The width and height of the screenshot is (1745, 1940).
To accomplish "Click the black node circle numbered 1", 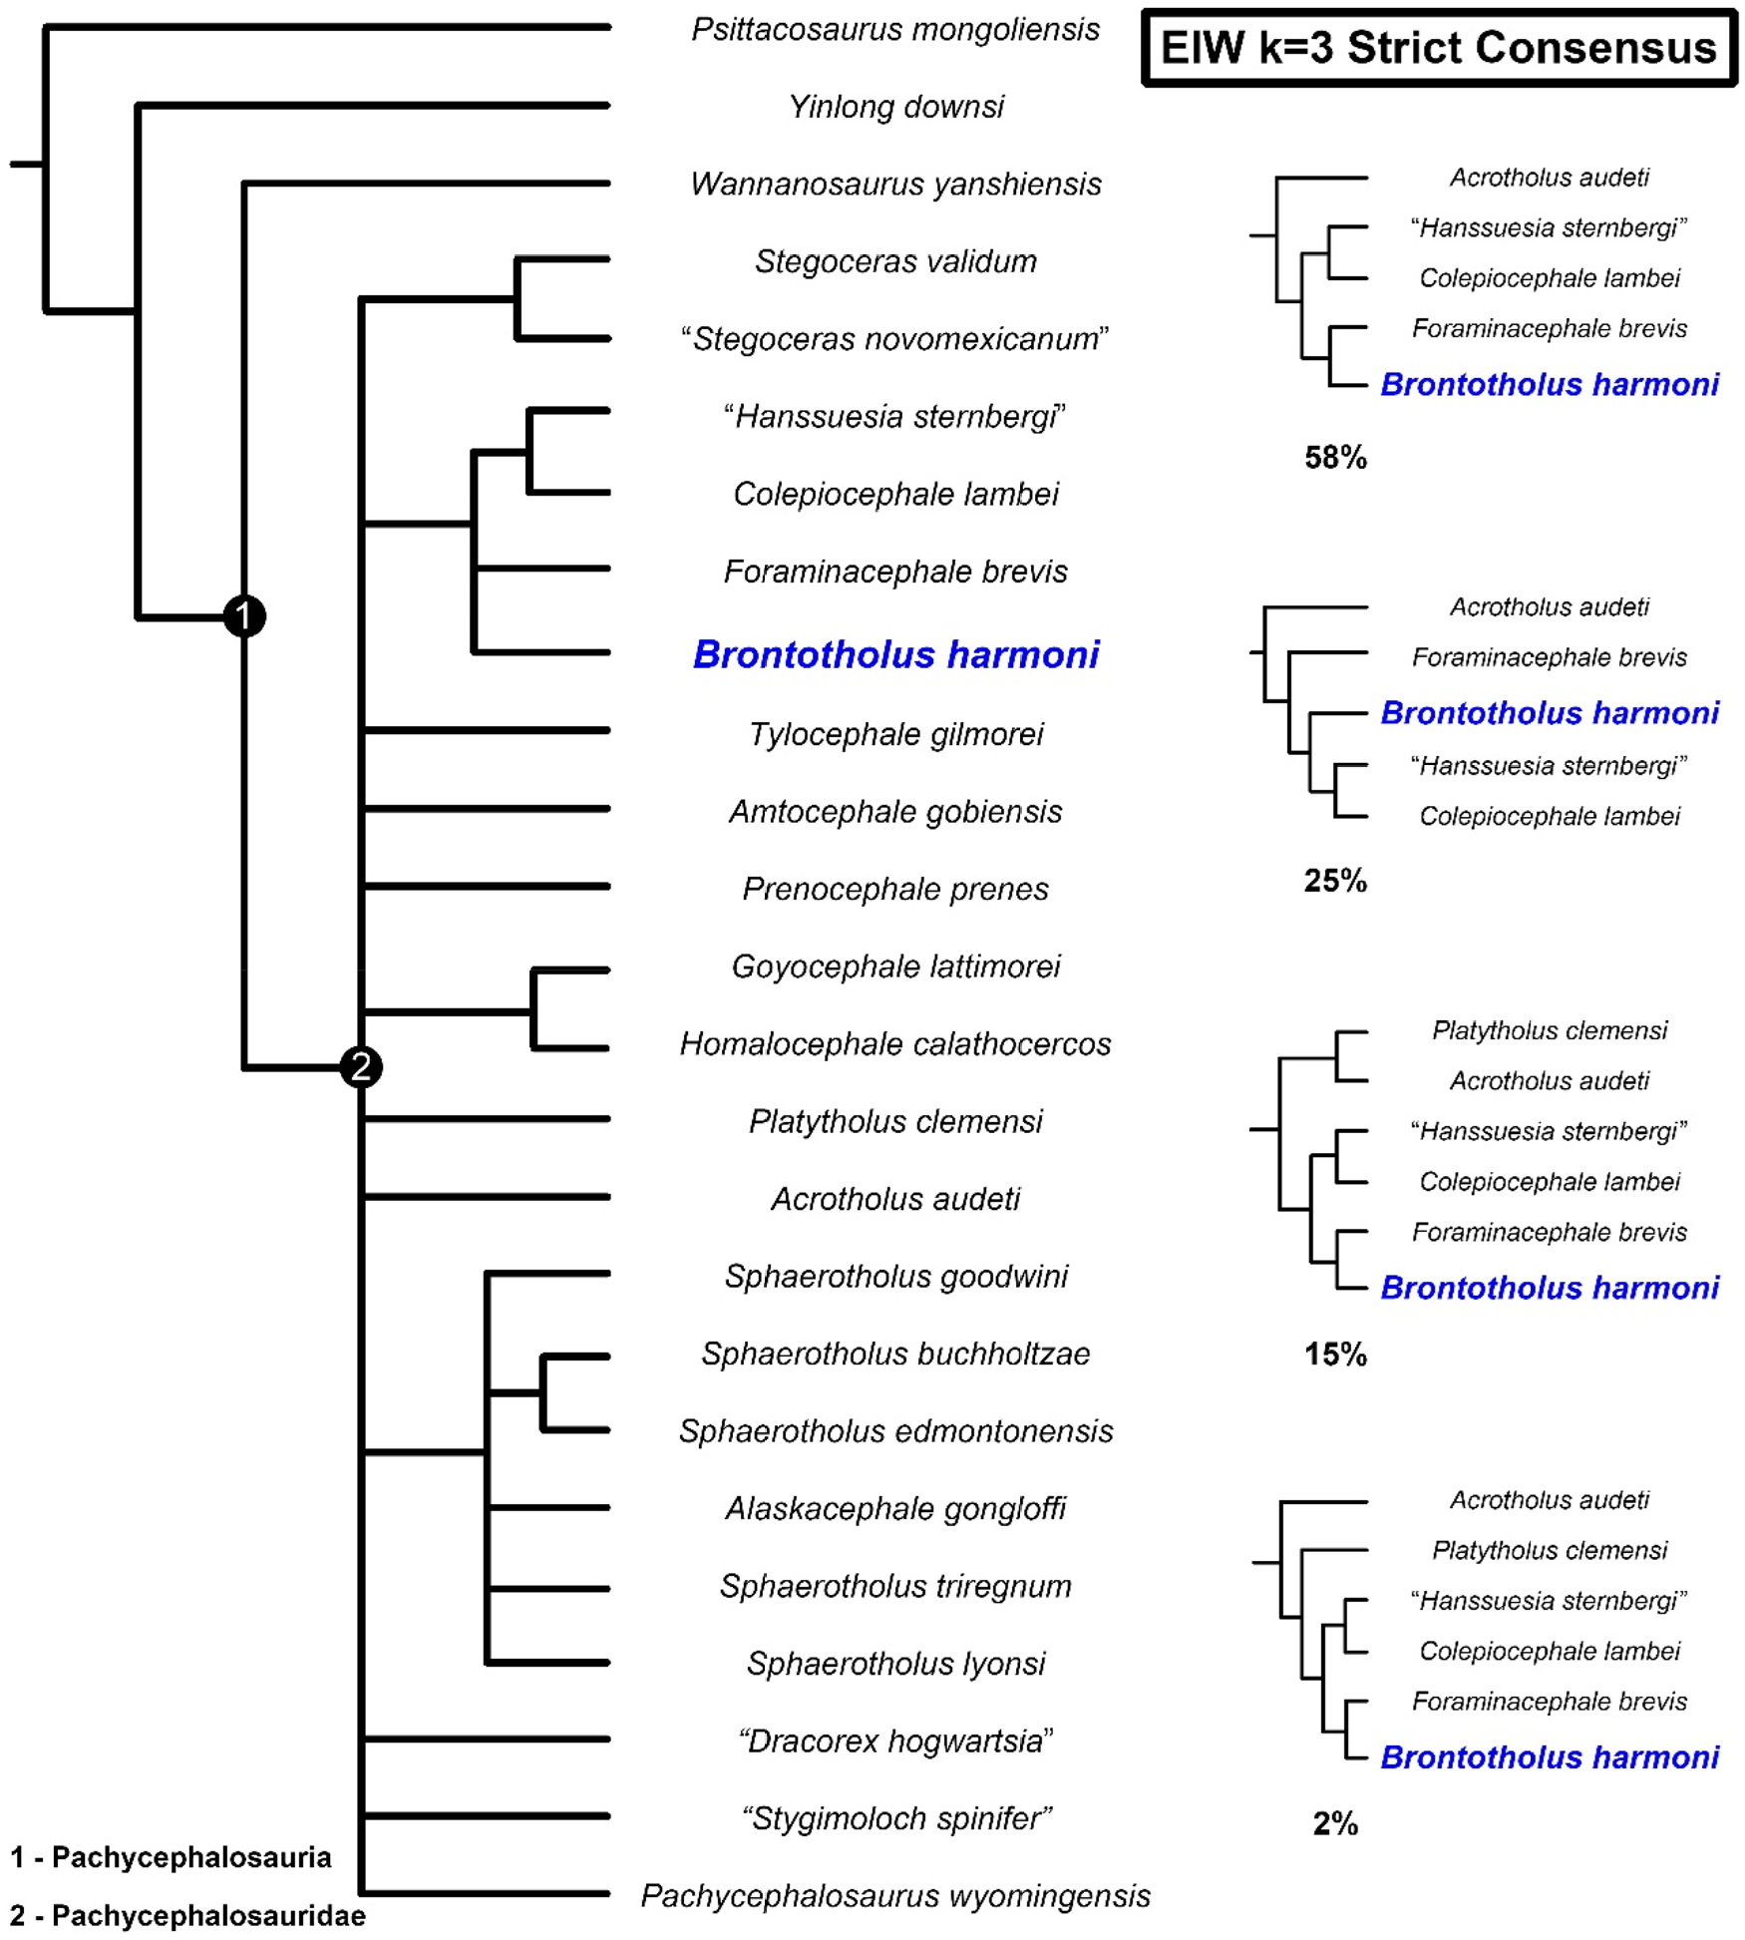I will pyautogui.click(x=244, y=616).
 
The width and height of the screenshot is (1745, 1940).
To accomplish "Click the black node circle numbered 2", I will pyautogui.click(x=360, y=1066).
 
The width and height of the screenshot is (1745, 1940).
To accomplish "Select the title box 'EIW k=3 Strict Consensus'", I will pyautogui.click(x=1438, y=48).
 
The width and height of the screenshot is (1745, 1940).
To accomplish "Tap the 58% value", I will pyautogui.click(x=1335, y=458).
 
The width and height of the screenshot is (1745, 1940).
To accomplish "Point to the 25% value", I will pyautogui.click(x=1335, y=881).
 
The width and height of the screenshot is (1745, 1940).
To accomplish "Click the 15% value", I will pyautogui.click(x=1335, y=1354).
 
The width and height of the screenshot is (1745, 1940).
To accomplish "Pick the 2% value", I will pyautogui.click(x=1335, y=1823).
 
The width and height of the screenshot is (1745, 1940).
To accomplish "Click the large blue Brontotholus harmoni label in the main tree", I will pyautogui.click(x=895, y=654).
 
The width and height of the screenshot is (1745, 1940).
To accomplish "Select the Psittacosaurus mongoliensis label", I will pyautogui.click(x=895, y=30).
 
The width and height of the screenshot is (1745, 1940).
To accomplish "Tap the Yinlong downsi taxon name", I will pyautogui.click(x=895, y=107).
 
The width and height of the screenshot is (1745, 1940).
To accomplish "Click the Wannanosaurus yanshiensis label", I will pyautogui.click(x=895, y=185).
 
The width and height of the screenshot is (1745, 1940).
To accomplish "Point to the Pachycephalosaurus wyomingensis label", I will pyautogui.click(x=895, y=1895).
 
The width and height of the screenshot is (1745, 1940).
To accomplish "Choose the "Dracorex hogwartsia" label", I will pyautogui.click(x=895, y=1741).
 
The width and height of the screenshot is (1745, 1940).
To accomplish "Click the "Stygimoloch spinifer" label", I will pyautogui.click(x=895, y=1818).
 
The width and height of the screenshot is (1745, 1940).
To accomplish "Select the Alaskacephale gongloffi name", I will pyautogui.click(x=895, y=1508).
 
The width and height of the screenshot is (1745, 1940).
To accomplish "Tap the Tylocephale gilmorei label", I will pyautogui.click(x=895, y=734).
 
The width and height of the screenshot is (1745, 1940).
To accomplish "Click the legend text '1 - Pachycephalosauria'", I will pyautogui.click(x=171, y=1857).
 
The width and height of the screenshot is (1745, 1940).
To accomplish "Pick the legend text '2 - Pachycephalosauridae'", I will pyautogui.click(x=187, y=1915).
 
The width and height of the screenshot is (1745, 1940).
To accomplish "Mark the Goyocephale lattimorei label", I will pyautogui.click(x=895, y=967).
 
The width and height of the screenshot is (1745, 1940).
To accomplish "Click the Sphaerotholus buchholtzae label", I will pyautogui.click(x=895, y=1354).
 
